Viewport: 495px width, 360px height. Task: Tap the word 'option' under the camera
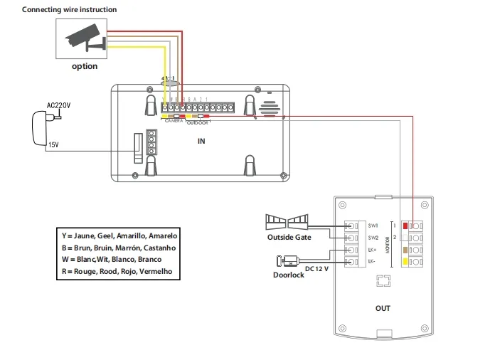tap(85, 66)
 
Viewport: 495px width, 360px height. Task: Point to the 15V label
tap(53, 145)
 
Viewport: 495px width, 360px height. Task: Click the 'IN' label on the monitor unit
tap(201, 141)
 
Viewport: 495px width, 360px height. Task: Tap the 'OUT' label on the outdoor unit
tap(383, 309)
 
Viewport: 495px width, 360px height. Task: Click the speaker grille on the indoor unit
tap(268, 107)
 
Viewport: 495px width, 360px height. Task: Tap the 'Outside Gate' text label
tap(289, 237)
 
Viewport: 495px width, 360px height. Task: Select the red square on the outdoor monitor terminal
tap(406, 226)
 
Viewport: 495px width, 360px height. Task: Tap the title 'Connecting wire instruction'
tap(69, 10)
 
